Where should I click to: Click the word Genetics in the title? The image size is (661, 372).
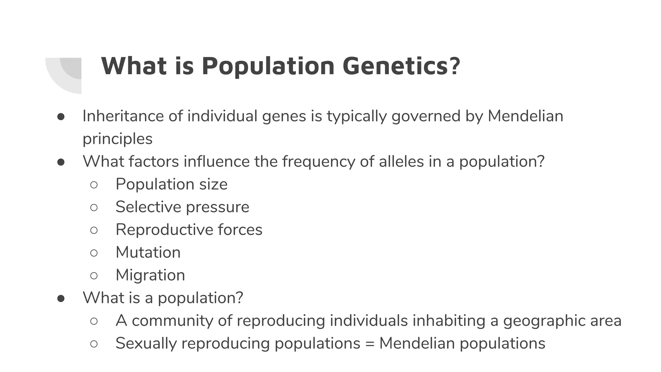click(x=401, y=66)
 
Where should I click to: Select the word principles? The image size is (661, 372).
click(x=117, y=139)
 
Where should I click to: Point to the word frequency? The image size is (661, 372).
click(x=319, y=161)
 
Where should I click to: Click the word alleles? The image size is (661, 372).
click(x=401, y=161)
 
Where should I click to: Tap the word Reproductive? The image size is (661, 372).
click(x=164, y=230)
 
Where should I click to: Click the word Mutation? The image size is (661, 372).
click(x=148, y=252)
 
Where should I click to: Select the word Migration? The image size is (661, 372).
click(x=150, y=275)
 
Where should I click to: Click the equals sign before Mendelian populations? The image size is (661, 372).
click(x=370, y=344)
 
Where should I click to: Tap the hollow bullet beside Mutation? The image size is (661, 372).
click(x=94, y=253)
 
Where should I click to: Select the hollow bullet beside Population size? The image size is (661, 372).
click(x=94, y=185)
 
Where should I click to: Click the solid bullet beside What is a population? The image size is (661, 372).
click(x=61, y=298)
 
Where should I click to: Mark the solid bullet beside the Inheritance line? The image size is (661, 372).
click(x=61, y=117)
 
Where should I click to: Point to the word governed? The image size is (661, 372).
click(x=426, y=116)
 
